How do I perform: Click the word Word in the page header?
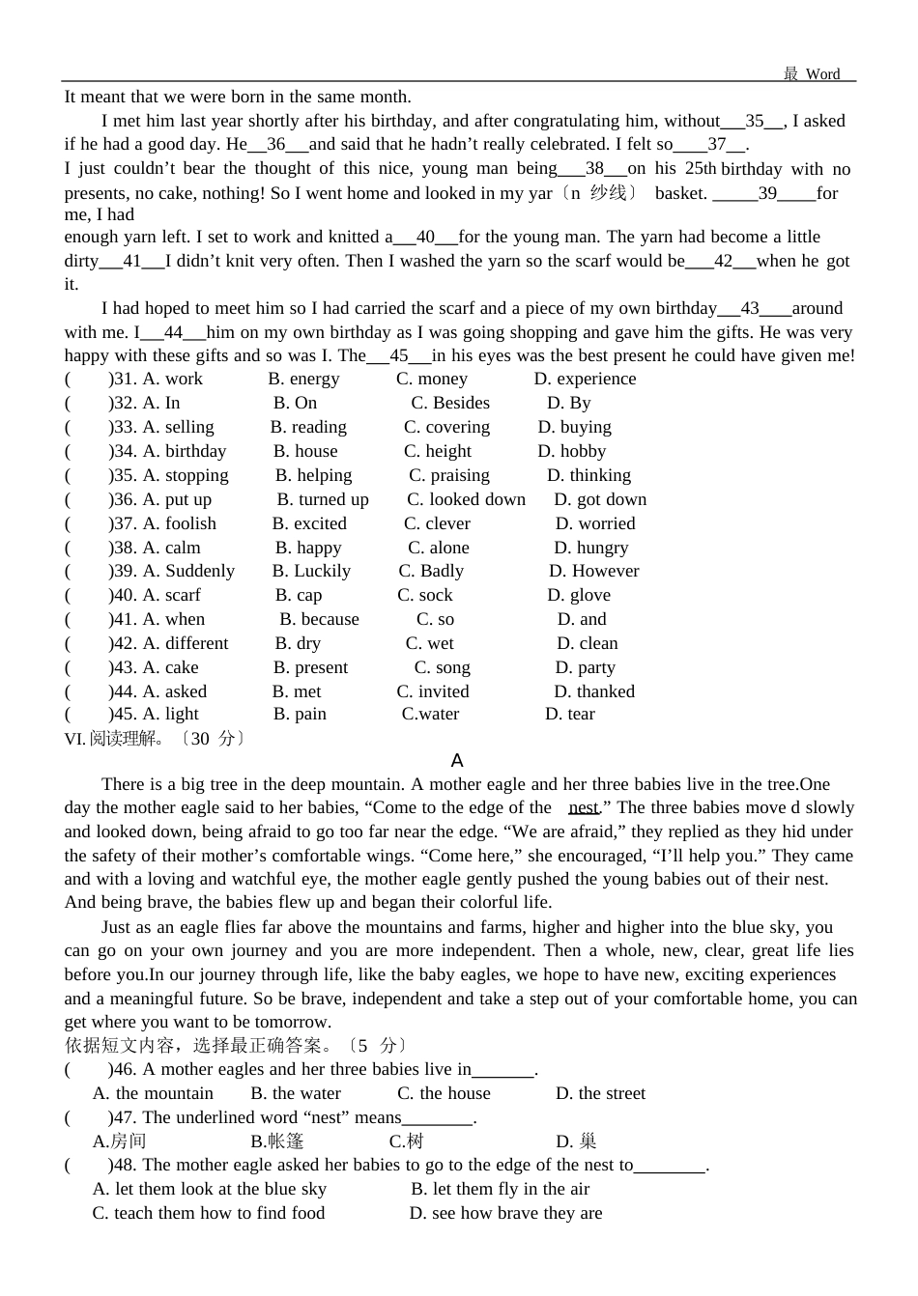pos(822,74)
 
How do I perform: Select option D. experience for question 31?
pos(585,380)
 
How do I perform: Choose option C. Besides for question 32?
pos(450,404)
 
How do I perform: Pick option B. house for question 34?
pos(305,452)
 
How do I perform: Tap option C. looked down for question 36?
pos(466,500)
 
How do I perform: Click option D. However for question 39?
pos(594,572)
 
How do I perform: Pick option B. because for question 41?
pos(319,620)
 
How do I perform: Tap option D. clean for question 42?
pos(588,644)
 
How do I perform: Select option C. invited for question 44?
pos(433,692)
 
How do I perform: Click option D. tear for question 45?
pos(570,715)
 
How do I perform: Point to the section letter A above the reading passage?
pos(457,761)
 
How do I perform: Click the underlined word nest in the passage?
pos(584,808)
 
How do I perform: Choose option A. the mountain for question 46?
pos(153,1094)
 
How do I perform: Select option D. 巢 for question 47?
pos(577,1141)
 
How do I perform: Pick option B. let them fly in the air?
pos(500,1190)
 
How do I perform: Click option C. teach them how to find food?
pos(209,1214)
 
